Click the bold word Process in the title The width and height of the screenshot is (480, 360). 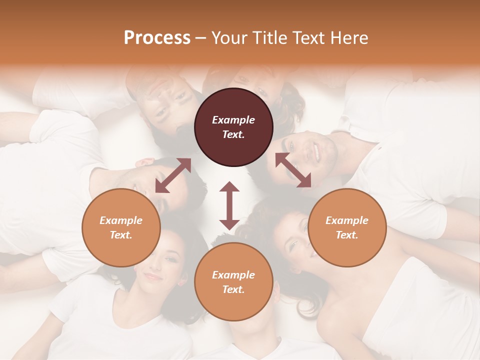coord(157,38)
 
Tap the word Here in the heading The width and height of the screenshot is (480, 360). coord(348,38)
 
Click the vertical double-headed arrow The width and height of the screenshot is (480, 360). coord(229,205)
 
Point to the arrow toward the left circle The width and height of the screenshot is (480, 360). coord(173,175)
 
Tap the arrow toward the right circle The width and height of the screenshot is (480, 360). coord(293,170)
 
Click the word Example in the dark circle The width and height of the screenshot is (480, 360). coord(233,120)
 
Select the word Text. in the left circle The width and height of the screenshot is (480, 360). coord(121,235)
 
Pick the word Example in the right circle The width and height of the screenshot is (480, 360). coord(347,220)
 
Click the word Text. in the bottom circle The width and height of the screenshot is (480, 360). coord(233,289)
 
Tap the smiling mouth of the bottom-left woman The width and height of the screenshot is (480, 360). coord(152,276)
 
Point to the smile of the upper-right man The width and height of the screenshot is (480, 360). coord(316,151)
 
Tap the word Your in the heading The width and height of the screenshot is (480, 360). coord(227,38)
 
